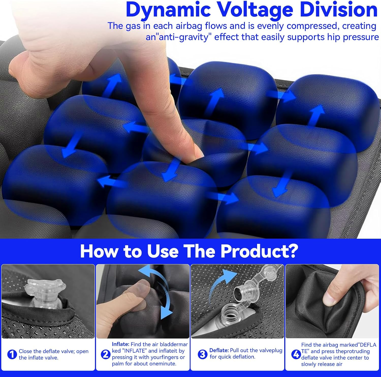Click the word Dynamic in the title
click(x=168, y=10)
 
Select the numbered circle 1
click(x=12, y=354)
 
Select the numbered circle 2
click(x=105, y=354)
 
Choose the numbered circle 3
click(x=202, y=354)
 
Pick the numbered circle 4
click(x=296, y=354)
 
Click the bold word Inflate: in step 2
click(x=121, y=344)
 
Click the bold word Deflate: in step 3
click(x=219, y=350)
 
